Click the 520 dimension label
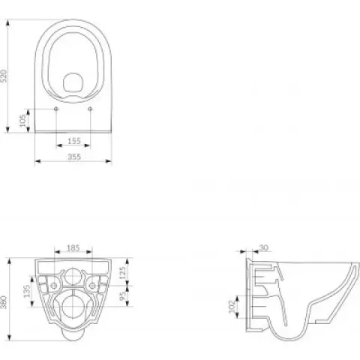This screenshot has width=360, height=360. click(4, 76)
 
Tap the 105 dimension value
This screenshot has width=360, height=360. click(22, 121)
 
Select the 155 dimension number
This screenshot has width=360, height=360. click(74, 141)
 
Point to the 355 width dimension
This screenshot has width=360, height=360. click(74, 157)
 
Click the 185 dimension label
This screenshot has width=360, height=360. click(73, 248)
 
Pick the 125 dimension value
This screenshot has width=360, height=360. click(123, 273)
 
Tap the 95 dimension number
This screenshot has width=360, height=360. click(123, 296)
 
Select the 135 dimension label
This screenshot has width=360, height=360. click(27, 291)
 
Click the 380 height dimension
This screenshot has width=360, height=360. click(4, 302)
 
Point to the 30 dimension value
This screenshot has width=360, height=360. click(263, 247)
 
